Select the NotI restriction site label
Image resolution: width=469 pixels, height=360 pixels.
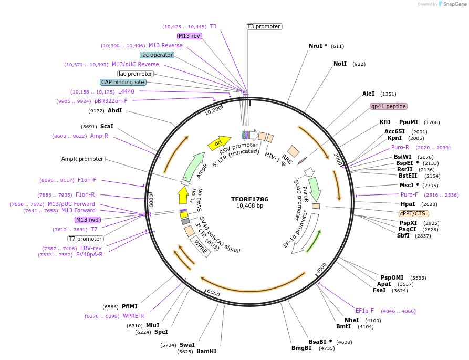pyautogui.click(x=340, y=64)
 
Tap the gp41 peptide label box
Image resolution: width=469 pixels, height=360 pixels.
pyautogui.click(x=389, y=106)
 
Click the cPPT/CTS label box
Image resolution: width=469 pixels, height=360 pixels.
pyautogui.click(x=413, y=213)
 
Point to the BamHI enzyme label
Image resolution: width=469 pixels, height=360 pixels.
pyautogui.click(x=206, y=351)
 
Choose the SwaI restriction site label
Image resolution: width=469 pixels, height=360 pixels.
pyautogui.click(x=187, y=345)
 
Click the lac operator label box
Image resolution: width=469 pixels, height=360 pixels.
pyautogui.click(x=157, y=55)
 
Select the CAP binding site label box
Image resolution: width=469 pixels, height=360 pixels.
pyautogui.click(x=123, y=82)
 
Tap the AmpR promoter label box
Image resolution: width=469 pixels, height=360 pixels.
pyautogui.click(x=82, y=159)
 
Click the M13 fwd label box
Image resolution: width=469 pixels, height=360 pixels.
pyautogui.click(x=88, y=220)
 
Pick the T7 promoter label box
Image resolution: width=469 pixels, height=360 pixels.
pyautogui.click(x=85, y=239)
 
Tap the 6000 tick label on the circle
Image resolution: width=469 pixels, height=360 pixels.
pyautogui.click(x=213, y=293)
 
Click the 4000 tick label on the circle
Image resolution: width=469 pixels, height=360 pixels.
pyautogui.click(x=321, y=268)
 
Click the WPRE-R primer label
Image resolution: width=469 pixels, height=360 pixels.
pyautogui.click(x=133, y=316)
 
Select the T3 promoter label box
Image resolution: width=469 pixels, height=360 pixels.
pyautogui.click(x=264, y=26)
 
